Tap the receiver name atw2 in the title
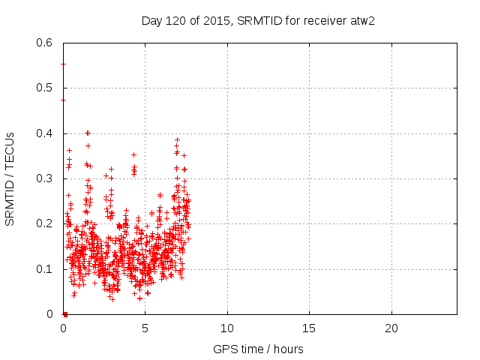tap(361, 20)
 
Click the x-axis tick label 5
tap(145, 328)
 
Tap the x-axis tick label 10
tap(227, 328)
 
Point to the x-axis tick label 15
tap(309, 328)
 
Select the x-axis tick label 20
tap(391, 328)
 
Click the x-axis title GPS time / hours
tap(259, 349)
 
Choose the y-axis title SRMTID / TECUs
tap(10, 178)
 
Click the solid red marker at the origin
tap(65, 314)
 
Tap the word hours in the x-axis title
tap(289, 349)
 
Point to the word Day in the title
tap(151, 20)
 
